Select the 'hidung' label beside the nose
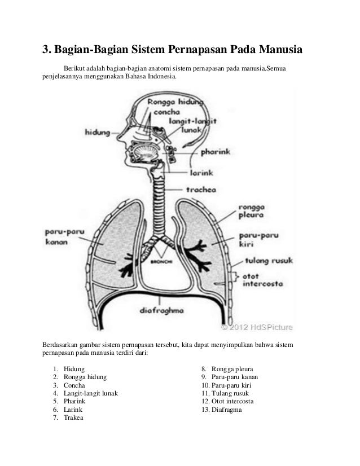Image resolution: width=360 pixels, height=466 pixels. point(97,133)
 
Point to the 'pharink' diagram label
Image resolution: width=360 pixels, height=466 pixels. point(218,151)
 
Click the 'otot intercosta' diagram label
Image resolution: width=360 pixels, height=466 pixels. point(262,280)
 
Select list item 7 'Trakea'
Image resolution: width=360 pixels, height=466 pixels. point(73,418)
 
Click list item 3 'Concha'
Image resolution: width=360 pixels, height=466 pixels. point(74,385)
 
